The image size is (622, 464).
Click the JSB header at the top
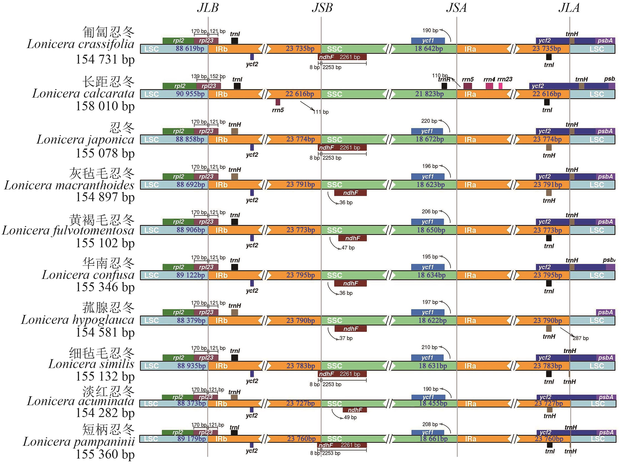(x=322, y=8)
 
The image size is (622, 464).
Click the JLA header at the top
(x=569, y=8)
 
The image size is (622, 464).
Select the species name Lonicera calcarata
(x=83, y=93)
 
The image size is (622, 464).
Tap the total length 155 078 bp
(x=105, y=153)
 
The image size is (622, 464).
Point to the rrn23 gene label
(x=505, y=79)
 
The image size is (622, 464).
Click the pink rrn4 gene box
(x=489, y=86)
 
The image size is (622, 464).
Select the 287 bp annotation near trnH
(x=581, y=338)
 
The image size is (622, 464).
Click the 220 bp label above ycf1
(x=429, y=121)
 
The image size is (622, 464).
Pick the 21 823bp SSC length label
(x=429, y=94)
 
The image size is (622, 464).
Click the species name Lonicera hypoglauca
(x=78, y=320)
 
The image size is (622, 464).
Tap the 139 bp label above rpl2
(x=199, y=76)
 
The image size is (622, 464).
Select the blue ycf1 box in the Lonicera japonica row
(x=427, y=131)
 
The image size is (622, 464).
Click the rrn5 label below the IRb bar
(x=278, y=110)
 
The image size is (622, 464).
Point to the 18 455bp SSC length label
(x=433, y=403)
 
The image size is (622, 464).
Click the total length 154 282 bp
(x=105, y=413)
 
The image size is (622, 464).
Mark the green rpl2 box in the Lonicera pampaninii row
(x=178, y=433)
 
